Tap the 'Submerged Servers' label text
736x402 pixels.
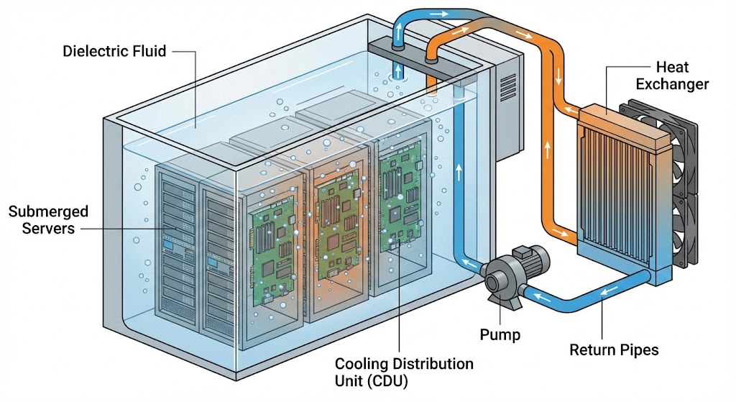pyautogui.click(x=48, y=219)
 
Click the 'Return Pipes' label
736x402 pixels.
pyautogui.click(x=614, y=350)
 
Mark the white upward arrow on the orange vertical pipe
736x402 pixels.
pyautogui.click(x=548, y=151)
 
